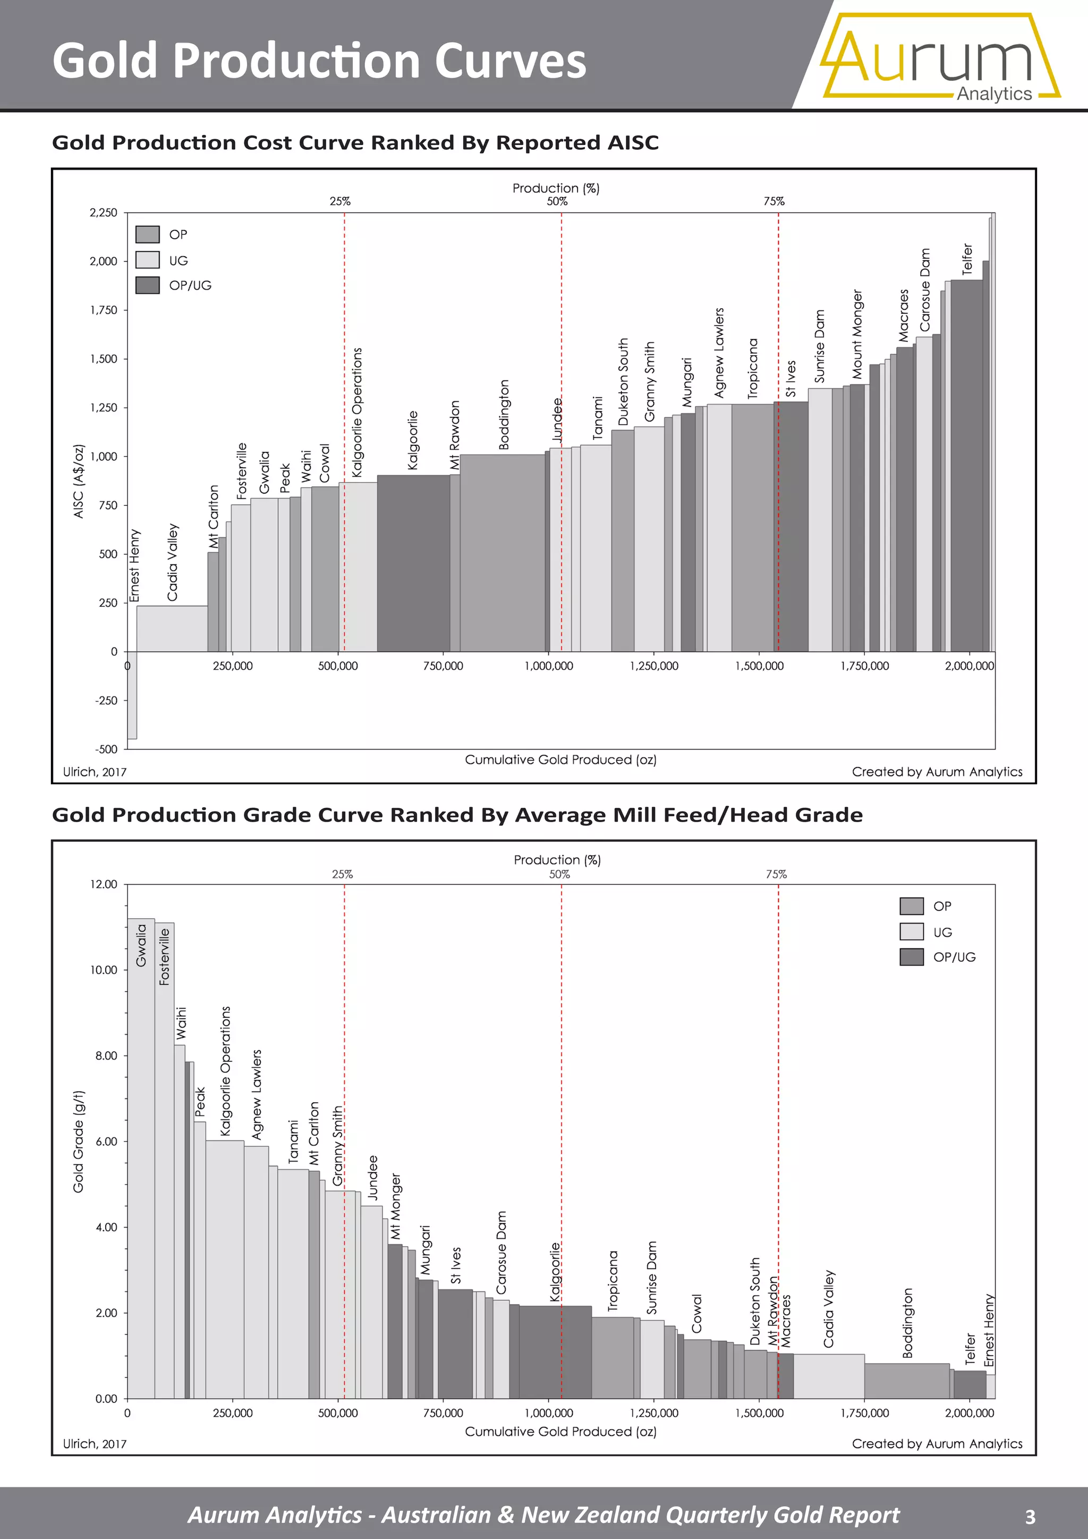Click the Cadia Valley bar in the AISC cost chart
click(x=172, y=628)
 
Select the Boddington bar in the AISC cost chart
click(x=503, y=553)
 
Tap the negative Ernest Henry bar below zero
click(x=132, y=695)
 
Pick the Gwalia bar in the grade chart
click(x=141, y=1159)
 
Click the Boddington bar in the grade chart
click(x=907, y=1381)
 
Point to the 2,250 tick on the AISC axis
click(x=103, y=213)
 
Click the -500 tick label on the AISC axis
click(x=106, y=749)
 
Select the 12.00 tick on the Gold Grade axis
click(x=104, y=884)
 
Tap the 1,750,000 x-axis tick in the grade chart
click(x=865, y=1413)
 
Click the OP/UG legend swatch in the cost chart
click(x=147, y=285)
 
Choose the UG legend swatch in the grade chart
click(x=912, y=932)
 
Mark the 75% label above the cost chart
click(x=774, y=201)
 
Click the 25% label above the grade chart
click(x=342, y=874)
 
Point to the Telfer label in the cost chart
click(x=967, y=259)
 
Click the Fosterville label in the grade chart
click(x=164, y=957)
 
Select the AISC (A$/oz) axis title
click(x=79, y=481)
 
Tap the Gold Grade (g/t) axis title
click(x=79, y=1141)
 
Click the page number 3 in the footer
click(x=1031, y=1516)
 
